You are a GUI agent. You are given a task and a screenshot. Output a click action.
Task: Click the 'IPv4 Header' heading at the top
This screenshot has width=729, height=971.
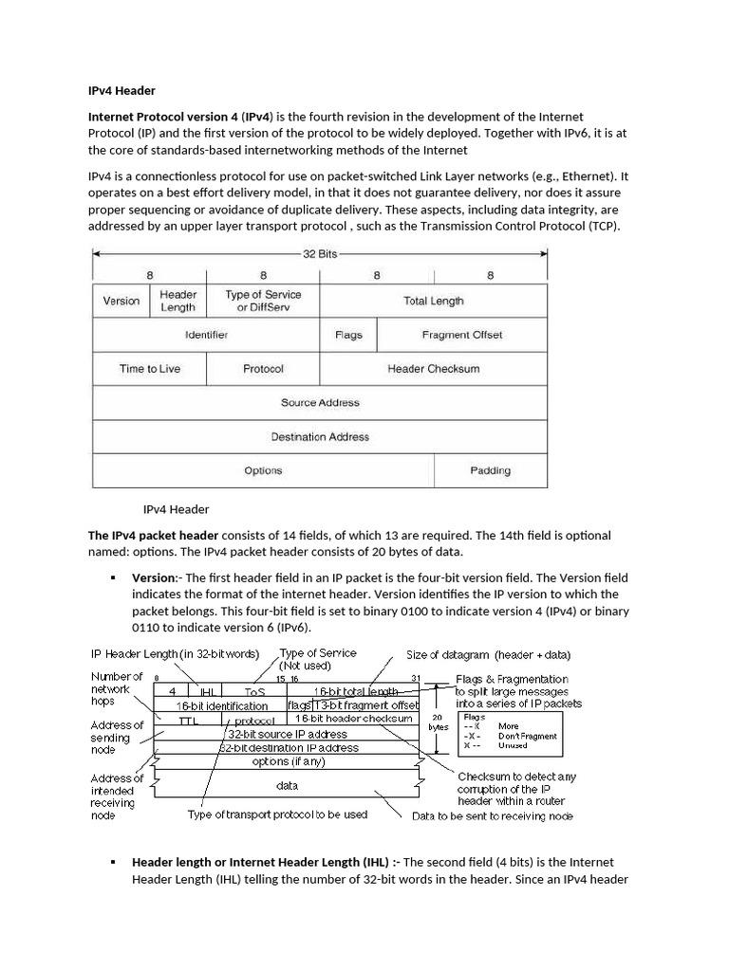(x=121, y=91)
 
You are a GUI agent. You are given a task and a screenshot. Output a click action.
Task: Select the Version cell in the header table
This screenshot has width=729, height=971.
(x=121, y=301)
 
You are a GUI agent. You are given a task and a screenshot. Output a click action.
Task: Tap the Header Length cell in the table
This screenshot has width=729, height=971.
(x=178, y=301)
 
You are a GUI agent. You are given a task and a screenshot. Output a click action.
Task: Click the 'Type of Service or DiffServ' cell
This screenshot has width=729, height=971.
(x=263, y=301)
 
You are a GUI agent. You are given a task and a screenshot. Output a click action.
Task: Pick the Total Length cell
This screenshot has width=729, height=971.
(x=433, y=301)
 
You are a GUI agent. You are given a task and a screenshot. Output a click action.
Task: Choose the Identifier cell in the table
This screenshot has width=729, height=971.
(x=206, y=335)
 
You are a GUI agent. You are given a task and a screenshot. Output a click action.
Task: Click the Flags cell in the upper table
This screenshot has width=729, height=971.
(x=348, y=335)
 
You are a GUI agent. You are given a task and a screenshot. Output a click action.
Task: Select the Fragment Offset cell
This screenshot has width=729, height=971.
(x=461, y=335)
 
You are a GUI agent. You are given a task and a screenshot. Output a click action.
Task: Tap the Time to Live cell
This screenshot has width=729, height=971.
(x=149, y=369)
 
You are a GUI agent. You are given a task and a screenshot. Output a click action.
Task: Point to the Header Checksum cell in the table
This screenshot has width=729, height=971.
(x=433, y=369)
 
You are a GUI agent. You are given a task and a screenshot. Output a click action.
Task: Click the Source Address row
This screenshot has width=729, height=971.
(x=320, y=403)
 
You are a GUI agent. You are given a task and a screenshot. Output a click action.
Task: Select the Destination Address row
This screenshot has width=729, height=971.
(x=320, y=437)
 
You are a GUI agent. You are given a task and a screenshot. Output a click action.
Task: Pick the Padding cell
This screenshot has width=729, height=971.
(x=490, y=470)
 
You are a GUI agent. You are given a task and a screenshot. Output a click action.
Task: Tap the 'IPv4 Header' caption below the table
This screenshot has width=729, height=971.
(x=176, y=509)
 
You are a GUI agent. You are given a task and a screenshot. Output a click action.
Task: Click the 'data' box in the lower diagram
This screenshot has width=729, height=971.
(x=287, y=785)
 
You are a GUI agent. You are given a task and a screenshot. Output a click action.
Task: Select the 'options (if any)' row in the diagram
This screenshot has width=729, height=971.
(x=287, y=760)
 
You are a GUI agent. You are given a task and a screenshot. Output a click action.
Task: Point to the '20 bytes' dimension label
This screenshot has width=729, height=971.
(x=439, y=723)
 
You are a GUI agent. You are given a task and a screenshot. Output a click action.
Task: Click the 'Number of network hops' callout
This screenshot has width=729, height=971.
(x=117, y=688)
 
